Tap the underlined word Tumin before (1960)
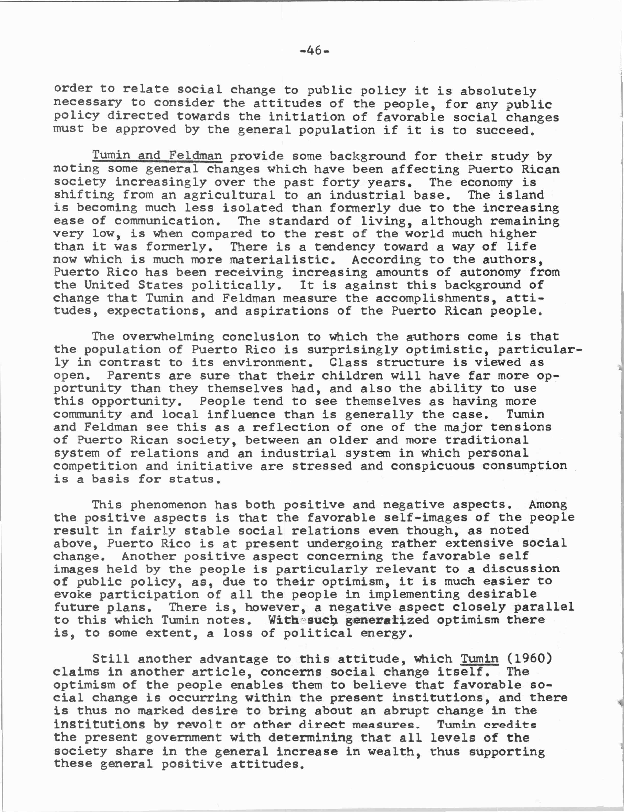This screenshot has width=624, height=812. click(479, 658)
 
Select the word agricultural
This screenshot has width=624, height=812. click(229, 195)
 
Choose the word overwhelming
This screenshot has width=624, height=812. click(168, 336)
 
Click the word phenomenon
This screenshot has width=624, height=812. click(168, 505)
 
